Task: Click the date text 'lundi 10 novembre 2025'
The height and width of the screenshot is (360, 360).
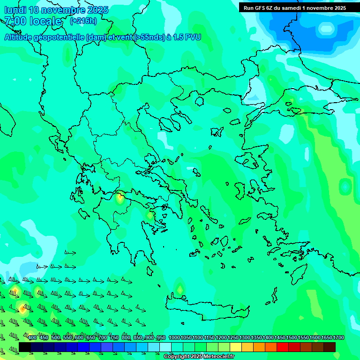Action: pyautogui.click(x=56, y=10)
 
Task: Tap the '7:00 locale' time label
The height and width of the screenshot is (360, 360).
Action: pyautogui.click(x=33, y=21)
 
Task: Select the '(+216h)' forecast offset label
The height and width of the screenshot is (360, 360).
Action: pyautogui.click(x=83, y=21)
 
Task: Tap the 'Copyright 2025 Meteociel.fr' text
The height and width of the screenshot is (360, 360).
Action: pyautogui.click(x=199, y=357)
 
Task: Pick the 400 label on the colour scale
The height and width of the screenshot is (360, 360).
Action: pyautogui.click(x=32, y=337)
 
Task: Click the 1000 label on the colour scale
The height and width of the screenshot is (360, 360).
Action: pyautogui.click(x=174, y=337)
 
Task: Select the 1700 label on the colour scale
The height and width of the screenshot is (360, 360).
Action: pyautogui.click(x=338, y=337)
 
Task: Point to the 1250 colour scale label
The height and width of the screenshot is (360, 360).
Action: pyautogui.click(x=233, y=337)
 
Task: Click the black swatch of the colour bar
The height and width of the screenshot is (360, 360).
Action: pyautogui.click(x=25, y=347)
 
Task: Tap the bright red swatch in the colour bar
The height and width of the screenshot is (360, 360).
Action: pyautogui.click(x=282, y=347)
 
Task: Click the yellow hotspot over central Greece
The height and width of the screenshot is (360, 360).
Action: pyautogui.click(x=120, y=197)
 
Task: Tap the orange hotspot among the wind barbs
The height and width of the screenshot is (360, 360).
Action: pyautogui.click(x=22, y=308)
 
